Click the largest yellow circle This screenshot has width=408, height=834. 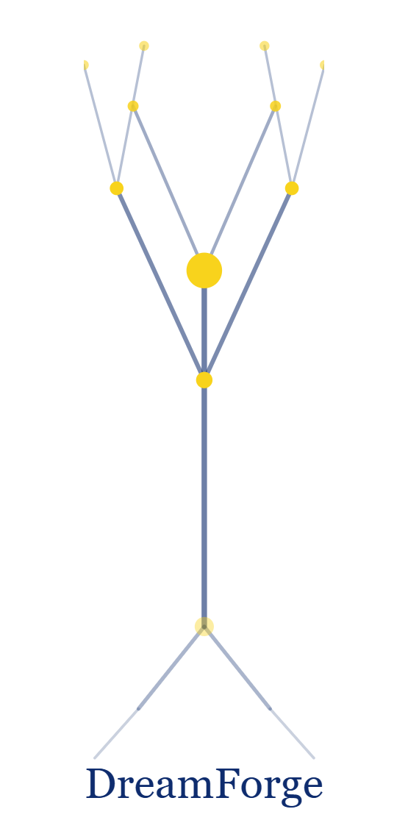pyautogui.click(x=204, y=271)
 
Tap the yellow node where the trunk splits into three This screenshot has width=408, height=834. pyautogui.click(x=204, y=379)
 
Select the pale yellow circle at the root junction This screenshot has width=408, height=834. pyautogui.click(x=204, y=627)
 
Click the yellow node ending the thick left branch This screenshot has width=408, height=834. pyautogui.click(x=116, y=188)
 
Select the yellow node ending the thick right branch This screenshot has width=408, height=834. pyautogui.click(x=292, y=188)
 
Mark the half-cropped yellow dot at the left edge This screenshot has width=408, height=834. pyautogui.click(x=85, y=65)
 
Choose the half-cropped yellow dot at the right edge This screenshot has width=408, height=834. pyautogui.click(x=323, y=65)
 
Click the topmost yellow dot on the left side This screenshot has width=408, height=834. pyautogui.click(x=143, y=46)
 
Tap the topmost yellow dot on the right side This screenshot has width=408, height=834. pyautogui.click(x=265, y=46)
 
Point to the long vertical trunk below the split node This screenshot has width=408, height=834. pyautogui.click(x=204, y=503)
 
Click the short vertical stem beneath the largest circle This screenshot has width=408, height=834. pyautogui.click(x=204, y=329)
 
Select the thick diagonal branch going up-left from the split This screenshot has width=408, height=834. pyautogui.click(x=160, y=284)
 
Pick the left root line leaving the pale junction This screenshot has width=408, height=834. pyautogui.click(x=171, y=668)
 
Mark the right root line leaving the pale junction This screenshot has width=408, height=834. pyautogui.click(x=237, y=668)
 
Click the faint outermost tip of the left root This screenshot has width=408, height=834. pyautogui.click(x=95, y=758)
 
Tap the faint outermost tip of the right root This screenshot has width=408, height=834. pyautogui.click(x=313, y=758)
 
